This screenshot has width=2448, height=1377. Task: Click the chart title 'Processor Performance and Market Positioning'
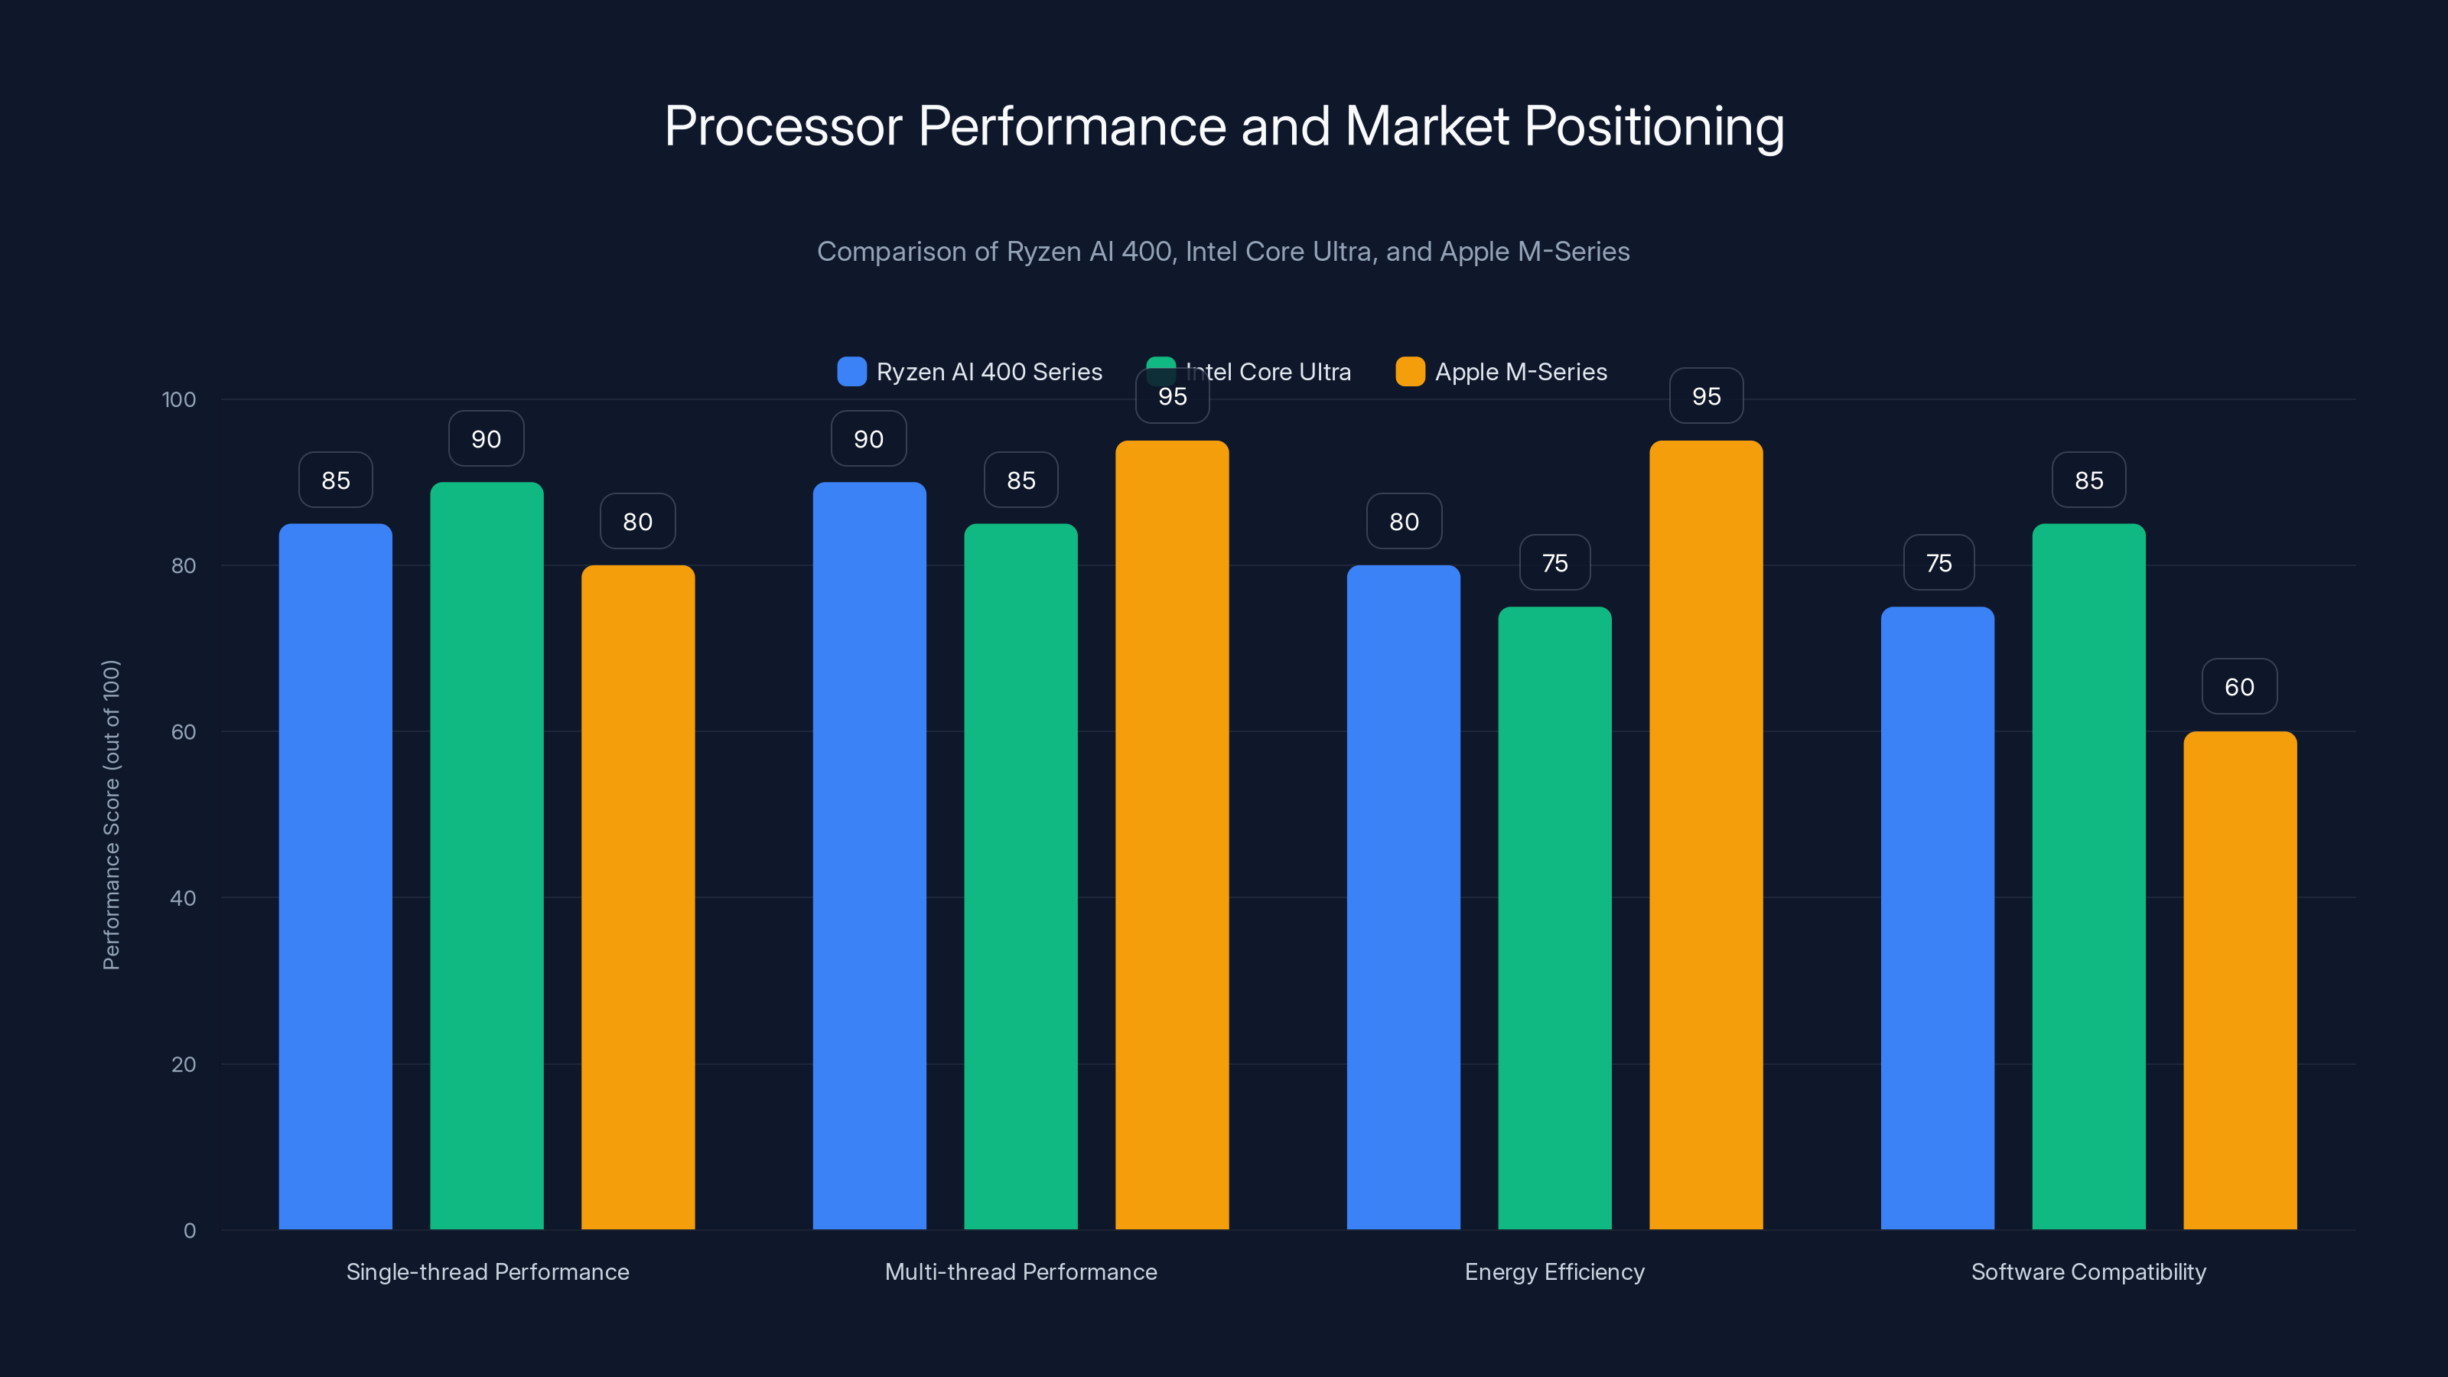[1223, 126]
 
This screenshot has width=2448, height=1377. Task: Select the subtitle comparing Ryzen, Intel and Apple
[1223, 252]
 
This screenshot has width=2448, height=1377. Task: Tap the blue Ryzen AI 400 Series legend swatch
[851, 372]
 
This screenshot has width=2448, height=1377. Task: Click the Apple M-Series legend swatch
[1410, 372]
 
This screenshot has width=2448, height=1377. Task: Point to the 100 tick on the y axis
[179, 400]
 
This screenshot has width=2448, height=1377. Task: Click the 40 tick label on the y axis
[183, 898]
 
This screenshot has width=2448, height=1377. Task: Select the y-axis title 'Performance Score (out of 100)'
[111, 815]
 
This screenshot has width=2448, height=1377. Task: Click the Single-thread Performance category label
[487, 1271]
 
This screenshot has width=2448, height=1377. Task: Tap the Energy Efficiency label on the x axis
[1554, 1271]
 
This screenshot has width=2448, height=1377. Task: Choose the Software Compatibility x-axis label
[2088, 1271]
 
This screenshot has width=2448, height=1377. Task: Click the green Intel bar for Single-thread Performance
[487, 855]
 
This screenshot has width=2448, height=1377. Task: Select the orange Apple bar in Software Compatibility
[2239, 979]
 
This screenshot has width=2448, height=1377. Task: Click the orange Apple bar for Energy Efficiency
[1706, 836]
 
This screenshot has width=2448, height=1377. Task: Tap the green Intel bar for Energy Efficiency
[1554, 917]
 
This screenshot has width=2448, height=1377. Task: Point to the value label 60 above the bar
[2239, 687]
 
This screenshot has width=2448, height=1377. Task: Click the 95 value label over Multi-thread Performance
[1172, 397]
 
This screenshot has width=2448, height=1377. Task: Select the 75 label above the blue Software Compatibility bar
[1939, 564]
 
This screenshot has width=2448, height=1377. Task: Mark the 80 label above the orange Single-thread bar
[638, 522]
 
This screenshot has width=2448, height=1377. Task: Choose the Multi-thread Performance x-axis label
[1021, 1271]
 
